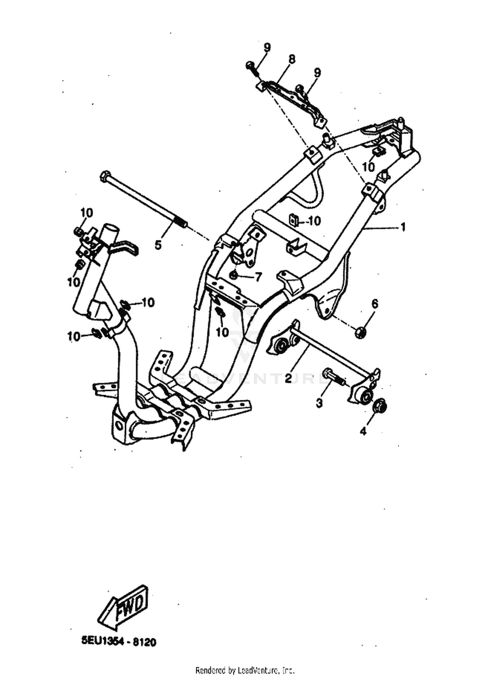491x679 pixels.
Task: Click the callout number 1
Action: pos(403,226)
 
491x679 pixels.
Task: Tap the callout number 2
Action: pos(288,378)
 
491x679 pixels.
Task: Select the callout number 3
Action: pos(319,403)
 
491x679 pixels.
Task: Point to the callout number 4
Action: pos(363,431)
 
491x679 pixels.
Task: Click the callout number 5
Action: pos(158,244)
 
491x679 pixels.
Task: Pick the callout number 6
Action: pos(374,304)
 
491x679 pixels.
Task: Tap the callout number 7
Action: pos(258,278)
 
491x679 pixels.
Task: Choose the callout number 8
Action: pos(291,59)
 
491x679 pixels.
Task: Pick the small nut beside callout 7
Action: pos(234,276)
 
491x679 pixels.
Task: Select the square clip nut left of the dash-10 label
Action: pos(293,220)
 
